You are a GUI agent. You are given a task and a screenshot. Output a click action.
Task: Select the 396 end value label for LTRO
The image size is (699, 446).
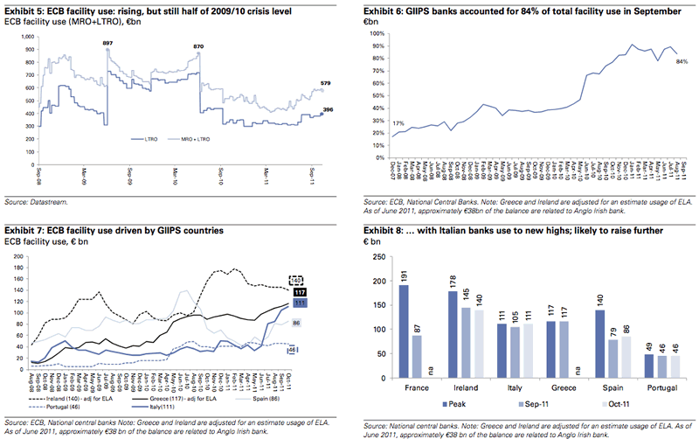pos(329,109)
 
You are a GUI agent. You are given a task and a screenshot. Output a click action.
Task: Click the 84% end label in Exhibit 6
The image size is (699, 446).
pos(682,61)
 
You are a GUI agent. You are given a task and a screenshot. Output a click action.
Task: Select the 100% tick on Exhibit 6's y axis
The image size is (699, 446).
pos(377,35)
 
